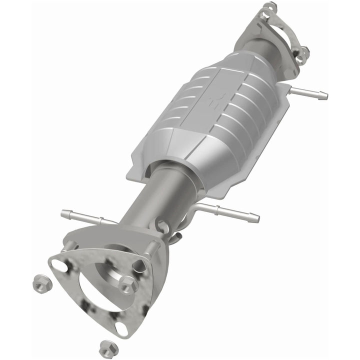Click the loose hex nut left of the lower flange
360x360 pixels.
point(40,284)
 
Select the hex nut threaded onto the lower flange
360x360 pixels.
point(129,284)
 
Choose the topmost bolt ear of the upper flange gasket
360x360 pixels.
point(270,7)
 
